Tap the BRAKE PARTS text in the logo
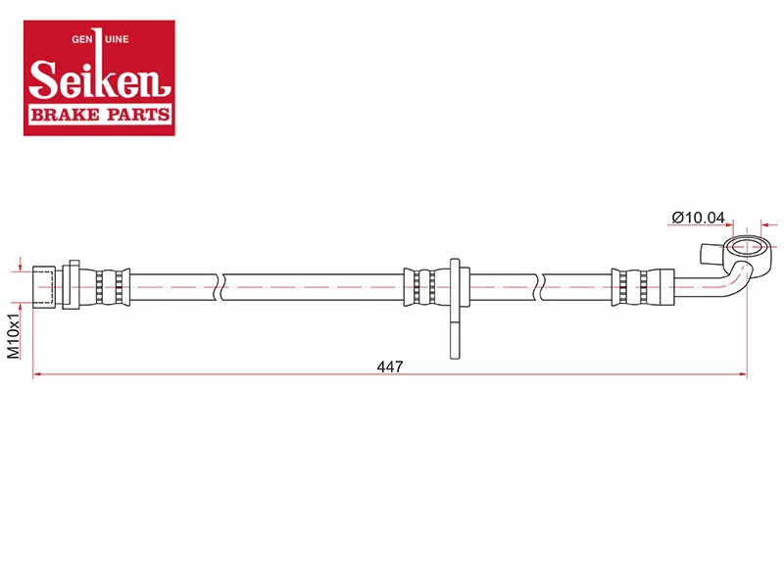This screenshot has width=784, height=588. (100, 115)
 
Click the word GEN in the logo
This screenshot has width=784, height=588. (82, 39)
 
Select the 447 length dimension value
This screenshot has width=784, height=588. (390, 367)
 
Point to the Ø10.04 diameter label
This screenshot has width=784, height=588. (699, 218)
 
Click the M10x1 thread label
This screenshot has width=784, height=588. (14, 336)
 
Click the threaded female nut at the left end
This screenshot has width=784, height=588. (43, 287)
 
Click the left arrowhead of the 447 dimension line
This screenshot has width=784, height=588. (36, 374)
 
